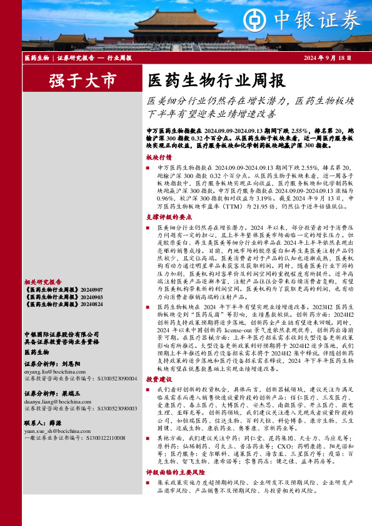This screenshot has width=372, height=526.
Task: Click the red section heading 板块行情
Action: click(x=159, y=157)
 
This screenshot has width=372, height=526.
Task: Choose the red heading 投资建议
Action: click(x=159, y=379)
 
